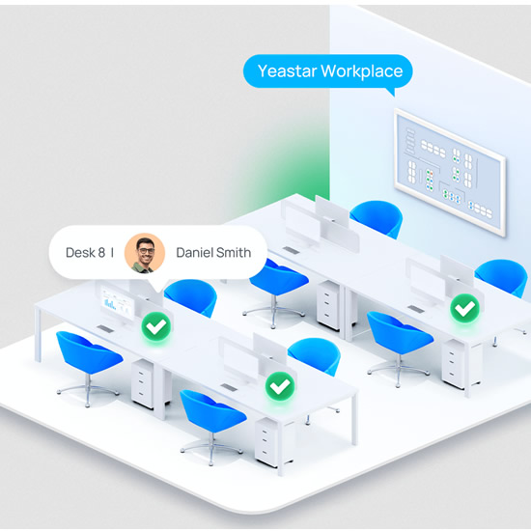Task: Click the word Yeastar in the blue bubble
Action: (x=287, y=71)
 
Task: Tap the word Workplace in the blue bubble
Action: (x=362, y=71)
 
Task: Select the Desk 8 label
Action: (x=85, y=253)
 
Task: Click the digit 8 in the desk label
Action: (x=101, y=253)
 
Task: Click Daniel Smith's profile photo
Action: (x=145, y=253)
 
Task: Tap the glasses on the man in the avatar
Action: (x=146, y=251)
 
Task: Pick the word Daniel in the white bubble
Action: (x=194, y=253)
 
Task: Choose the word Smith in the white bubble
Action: (x=234, y=253)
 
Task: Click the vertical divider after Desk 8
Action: (x=112, y=253)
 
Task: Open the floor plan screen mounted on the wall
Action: (x=449, y=172)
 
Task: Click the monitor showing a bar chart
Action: (x=117, y=304)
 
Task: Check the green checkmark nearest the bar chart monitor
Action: (x=155, y=326)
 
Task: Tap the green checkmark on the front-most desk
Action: (x=280, y=386)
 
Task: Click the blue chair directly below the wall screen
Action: (x=377, y=219)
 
